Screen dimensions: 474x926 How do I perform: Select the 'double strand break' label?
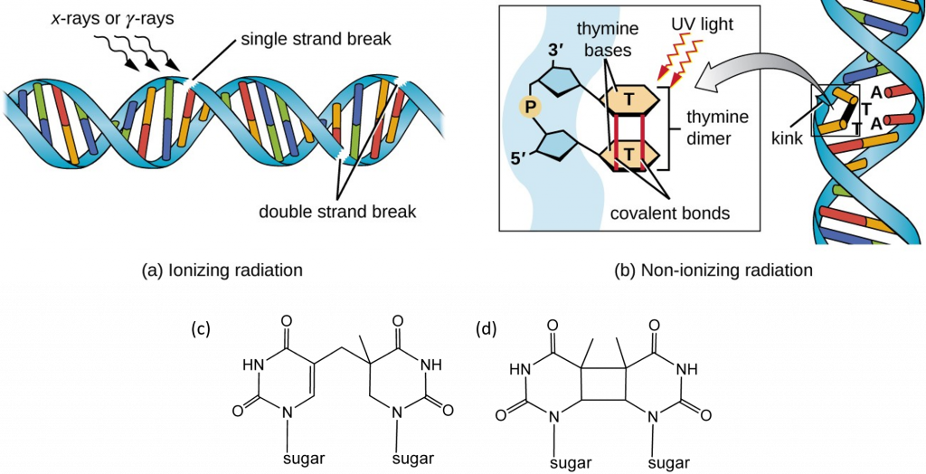click(x=337, y=213)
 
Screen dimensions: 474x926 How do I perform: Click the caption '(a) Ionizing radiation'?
click(x=221, y=270)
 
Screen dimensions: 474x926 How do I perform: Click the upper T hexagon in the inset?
click(x=629, y=96)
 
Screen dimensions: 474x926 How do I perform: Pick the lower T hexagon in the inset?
click(x=629, y=154)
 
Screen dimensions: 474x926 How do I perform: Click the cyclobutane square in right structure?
click(x=603, y=385)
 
